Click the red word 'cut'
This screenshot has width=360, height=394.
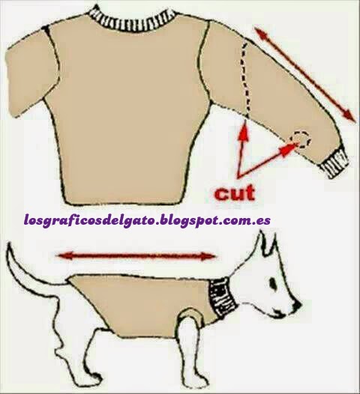coord(235,193)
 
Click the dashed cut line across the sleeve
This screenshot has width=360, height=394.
coord(247,80)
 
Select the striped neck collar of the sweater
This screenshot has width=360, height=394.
coord(133,21)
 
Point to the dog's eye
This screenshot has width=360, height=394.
coord(272,283)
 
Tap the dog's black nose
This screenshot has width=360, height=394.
coord(297,305)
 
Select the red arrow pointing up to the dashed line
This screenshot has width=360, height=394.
coord(241,148)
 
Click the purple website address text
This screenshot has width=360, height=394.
coord(148,221)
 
